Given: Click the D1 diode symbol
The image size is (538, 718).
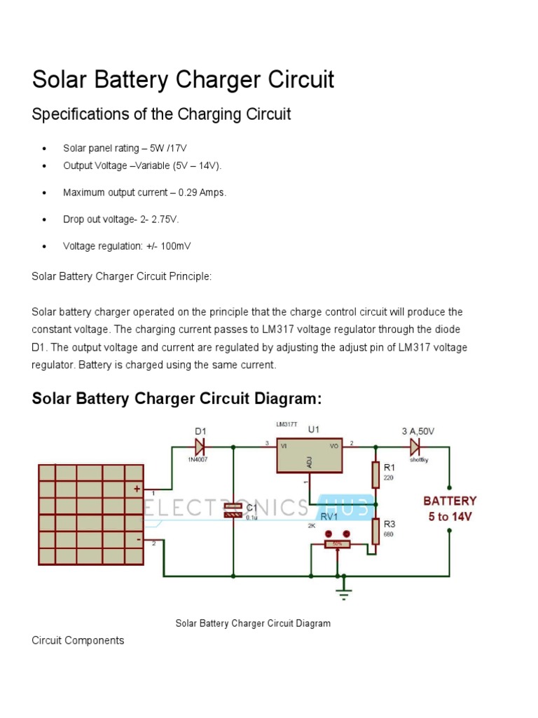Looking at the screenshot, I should pos(200,445).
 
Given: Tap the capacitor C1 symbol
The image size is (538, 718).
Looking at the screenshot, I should pos(232,510).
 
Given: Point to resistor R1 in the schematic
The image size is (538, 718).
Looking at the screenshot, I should pos(376,474).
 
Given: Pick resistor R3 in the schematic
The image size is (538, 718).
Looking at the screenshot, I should pos(376,531).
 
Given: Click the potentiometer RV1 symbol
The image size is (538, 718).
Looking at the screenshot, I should pos(337,543).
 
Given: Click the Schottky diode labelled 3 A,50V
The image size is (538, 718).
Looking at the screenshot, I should pos(415,445).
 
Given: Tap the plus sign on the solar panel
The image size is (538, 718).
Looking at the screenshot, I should pos(137,489).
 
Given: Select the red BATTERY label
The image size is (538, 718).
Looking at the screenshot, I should pos(449,501).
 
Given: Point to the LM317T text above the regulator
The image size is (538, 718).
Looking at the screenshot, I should pos(286,425).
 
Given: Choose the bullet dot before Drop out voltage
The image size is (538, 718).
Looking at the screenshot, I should pos(44,219).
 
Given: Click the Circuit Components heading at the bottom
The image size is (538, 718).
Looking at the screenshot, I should pos(78,640).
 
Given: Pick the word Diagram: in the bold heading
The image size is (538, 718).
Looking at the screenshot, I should pos(288,399).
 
